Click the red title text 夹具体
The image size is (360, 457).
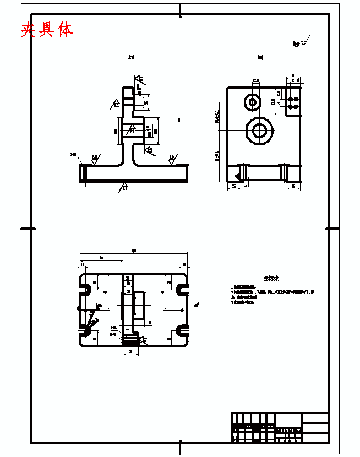47,29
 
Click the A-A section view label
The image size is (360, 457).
131,57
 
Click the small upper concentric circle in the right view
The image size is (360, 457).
254,101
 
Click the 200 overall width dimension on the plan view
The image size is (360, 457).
133,251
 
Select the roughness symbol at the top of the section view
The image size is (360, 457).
140,80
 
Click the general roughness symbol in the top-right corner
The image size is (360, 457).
305,42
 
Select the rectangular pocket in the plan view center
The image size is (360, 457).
140,306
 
